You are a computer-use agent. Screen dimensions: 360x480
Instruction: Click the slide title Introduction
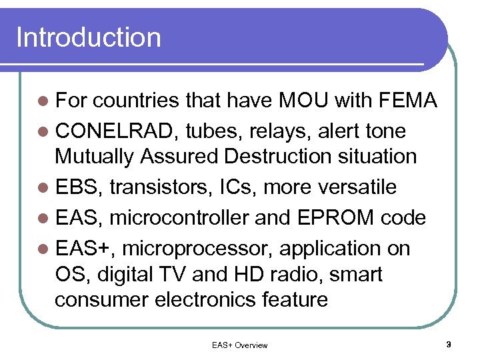[88, 37]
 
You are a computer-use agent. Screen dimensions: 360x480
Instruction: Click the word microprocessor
[197, 248]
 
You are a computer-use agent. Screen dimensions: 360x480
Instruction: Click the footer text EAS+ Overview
[239, 345]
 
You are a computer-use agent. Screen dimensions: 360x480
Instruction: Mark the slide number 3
[449, 345]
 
